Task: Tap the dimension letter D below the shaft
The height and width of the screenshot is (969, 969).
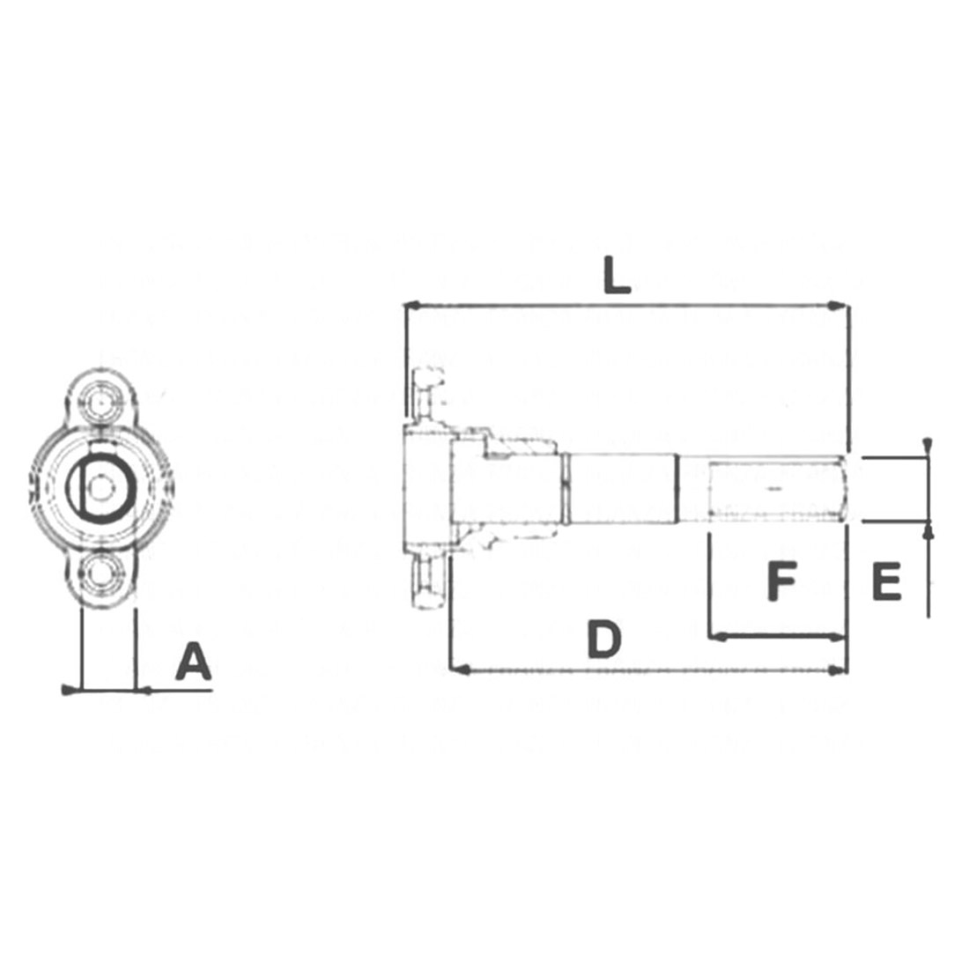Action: (604, 640)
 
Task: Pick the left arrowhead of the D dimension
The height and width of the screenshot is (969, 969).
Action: (458, 670)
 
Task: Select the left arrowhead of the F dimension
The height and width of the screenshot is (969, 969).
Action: (718, 634)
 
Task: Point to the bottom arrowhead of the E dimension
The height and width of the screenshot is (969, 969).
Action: (927, 529)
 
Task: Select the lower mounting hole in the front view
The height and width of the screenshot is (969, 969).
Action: (105, 573)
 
